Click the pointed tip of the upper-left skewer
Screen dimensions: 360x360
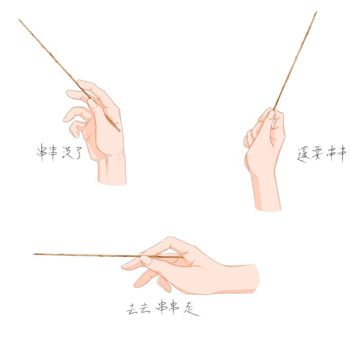(x=19, y=20)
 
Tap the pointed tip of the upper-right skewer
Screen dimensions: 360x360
(x=317, y=12)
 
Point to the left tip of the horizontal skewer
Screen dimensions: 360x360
(x=33, y=254)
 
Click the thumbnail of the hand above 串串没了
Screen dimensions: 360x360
(x=93, y=104)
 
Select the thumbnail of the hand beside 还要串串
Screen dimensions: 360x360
(x=271, y=114)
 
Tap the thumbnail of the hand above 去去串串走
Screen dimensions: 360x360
(x=146, y=260)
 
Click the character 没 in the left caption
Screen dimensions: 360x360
(x=67, y=152)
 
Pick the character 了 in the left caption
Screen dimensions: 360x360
(x=77, y=152)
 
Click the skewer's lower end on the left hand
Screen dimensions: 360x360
(x=120, y=131)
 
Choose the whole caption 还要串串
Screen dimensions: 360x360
(x=322, y=154)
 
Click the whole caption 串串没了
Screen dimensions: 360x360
(x=59, y=152)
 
